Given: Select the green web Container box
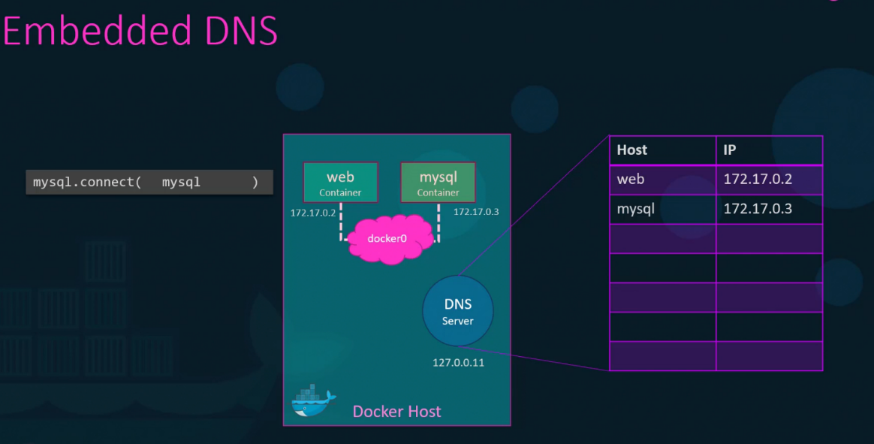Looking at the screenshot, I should click(x=340, y=183).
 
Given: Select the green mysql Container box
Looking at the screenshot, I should click(x=438, y=183).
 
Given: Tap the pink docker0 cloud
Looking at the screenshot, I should click(x=387, y=239).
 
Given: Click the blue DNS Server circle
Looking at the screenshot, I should click(x=458, y=311).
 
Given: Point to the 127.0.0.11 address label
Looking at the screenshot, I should click(x=458, y=362).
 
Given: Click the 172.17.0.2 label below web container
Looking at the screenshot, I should click(x=313, y=213).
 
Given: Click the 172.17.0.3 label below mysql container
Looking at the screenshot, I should click(x=476, y=212).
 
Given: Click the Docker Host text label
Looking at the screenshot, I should click(x=396, y=412).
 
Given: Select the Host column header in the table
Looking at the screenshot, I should click(x=631, y=150).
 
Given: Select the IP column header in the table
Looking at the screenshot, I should click(x=730, y=150).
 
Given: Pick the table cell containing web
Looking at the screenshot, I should click(x=631, y=180).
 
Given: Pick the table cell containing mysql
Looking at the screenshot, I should click(x=635, y=209).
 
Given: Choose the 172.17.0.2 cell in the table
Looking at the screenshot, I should click(x=758, y=180).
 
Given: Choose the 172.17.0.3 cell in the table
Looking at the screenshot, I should click(x=758, y=209).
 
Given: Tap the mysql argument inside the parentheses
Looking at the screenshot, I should click(x=181, y=182).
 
